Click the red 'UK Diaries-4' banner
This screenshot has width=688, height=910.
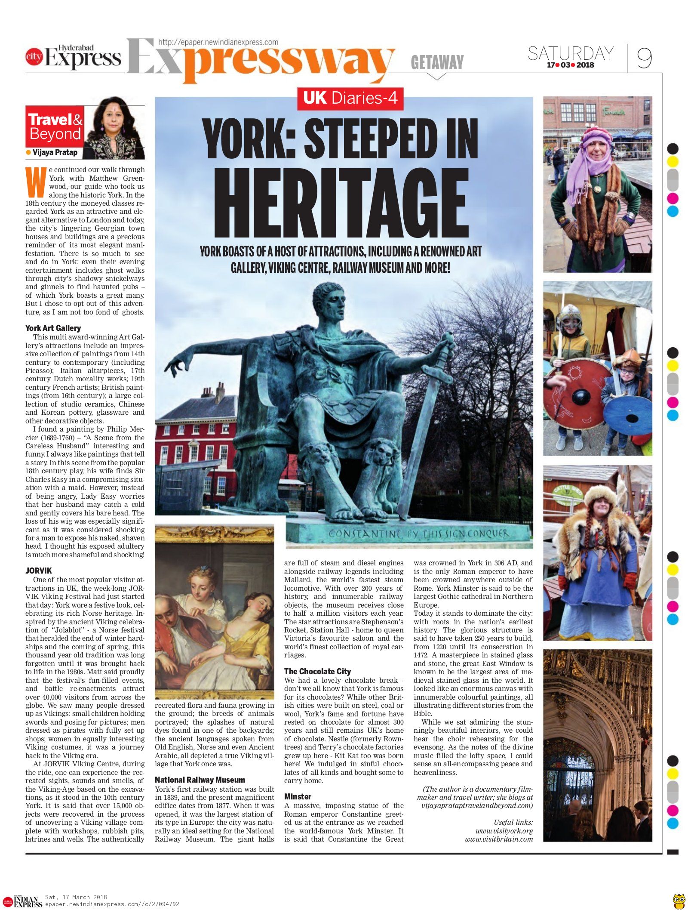[350, 98]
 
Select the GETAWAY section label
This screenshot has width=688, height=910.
[437, 62]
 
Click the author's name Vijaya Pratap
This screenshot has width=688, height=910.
[55, 152]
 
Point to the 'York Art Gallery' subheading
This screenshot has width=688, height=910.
[53, 328]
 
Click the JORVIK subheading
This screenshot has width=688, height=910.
[39, 571]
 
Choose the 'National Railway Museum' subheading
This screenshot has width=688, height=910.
[200, 780]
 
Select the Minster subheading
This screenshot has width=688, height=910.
[298, 796]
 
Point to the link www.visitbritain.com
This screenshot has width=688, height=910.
[499, 839]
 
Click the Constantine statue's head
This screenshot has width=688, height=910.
[329, 302]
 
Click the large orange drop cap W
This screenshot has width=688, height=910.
[36, 181]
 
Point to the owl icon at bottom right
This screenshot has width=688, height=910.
[679, 899]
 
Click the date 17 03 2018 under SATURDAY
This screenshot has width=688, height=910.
[570, 65]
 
